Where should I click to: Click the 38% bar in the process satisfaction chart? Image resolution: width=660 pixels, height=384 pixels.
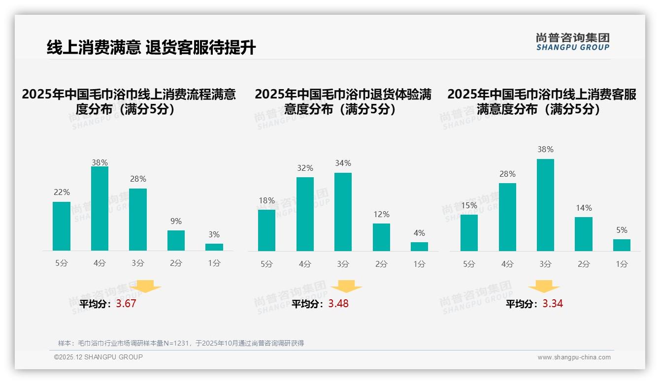99,209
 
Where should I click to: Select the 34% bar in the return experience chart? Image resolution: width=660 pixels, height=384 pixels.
343,212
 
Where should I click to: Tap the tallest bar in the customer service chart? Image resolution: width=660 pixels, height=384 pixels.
545,205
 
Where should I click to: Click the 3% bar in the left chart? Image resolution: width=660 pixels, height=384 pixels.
214,247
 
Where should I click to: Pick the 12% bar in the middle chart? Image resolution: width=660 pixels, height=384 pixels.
381,237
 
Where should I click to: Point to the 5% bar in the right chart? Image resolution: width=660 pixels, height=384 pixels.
622,245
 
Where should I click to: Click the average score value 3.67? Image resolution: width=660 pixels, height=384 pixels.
126,304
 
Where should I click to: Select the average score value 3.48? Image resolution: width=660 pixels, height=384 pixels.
338,304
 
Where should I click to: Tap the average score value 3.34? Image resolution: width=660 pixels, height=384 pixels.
553,304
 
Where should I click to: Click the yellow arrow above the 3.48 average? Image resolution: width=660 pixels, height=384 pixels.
346,287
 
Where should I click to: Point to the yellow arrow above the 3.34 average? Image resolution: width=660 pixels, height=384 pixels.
544,287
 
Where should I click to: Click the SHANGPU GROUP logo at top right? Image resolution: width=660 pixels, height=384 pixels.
572,42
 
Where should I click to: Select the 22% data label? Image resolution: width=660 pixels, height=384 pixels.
62,192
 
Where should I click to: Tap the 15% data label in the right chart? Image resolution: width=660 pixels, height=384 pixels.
469,205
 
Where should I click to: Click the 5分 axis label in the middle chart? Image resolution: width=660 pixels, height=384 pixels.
266,264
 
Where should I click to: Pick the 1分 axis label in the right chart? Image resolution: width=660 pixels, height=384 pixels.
622,264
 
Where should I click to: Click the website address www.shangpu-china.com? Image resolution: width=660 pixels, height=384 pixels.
574,357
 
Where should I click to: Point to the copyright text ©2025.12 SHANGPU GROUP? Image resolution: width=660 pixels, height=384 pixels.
99,357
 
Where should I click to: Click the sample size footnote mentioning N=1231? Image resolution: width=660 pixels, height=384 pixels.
181,343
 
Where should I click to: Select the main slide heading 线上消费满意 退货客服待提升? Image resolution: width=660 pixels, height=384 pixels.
151,48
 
